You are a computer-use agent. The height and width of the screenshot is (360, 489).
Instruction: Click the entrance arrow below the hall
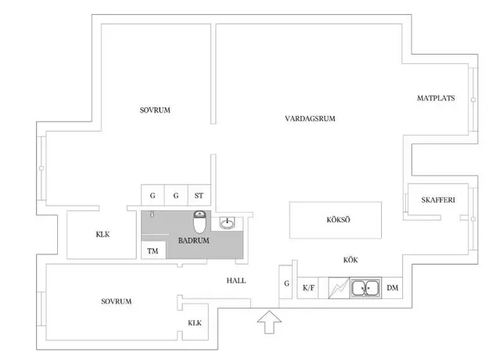click(x=269, y=322)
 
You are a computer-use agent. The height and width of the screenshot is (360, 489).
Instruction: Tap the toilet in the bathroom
click(x=200, y=221)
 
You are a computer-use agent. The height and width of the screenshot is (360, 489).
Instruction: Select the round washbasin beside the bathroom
click(x=228, y=223)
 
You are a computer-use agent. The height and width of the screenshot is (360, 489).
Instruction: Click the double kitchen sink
click(x=365, y=288)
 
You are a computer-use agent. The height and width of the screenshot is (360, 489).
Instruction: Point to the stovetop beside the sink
click(x=339, y=288)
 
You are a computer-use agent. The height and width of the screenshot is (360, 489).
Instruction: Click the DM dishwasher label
click(x=392, y=288)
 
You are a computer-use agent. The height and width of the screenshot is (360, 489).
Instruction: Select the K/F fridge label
click(x=308, y=288)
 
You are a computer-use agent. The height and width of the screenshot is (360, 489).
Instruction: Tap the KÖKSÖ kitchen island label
click(x=338, y=220)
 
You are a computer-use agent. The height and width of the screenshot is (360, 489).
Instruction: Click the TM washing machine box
click(x=153, y=250)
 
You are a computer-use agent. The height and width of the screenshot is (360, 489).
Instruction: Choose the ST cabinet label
click(x=199, y=196)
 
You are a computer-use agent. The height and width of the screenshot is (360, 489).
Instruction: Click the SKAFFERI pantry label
click(x=438, y=200)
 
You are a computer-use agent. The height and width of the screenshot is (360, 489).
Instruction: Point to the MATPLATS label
click(x=436, y=99)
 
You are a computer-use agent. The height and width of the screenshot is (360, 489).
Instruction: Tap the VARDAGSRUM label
click(x=310, y=118)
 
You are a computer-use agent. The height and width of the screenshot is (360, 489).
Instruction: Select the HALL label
click(x=236, y=281)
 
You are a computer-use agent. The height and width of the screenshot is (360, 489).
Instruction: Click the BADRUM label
click(x=194, y=240)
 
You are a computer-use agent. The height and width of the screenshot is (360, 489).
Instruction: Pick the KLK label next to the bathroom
click(x=102, y=234)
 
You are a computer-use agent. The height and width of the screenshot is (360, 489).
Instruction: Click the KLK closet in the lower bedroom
click(x=195, y=323)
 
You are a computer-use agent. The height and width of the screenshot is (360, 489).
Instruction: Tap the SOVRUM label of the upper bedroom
click(x=155, y=110)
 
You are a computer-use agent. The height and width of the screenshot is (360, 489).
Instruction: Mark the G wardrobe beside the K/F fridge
click(x=286, y=282)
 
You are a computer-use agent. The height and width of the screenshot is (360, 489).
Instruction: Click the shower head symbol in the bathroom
click(x=153, y=214)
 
